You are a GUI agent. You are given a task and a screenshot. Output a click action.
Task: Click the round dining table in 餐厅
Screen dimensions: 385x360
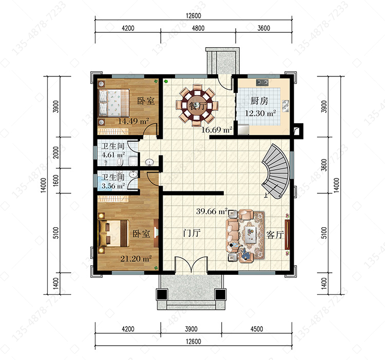197,106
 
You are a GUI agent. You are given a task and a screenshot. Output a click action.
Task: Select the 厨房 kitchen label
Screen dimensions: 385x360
259,101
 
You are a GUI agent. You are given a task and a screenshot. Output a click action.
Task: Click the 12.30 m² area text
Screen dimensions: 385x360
260,113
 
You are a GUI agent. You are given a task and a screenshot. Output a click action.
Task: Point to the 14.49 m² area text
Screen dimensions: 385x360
133,121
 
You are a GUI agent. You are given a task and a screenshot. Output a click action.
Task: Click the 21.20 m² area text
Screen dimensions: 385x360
136,258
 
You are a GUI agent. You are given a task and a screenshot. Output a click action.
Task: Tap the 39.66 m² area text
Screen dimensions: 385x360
211,211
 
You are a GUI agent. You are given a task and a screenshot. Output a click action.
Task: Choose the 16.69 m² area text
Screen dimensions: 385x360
217,130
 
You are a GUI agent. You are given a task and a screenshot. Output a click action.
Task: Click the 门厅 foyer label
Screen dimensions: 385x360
192,233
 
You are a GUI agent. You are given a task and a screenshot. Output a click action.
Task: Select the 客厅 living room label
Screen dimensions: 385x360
275,235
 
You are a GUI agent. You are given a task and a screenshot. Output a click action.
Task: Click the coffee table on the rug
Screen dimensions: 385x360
250,234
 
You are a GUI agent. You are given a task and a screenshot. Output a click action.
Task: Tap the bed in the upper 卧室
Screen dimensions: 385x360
113,103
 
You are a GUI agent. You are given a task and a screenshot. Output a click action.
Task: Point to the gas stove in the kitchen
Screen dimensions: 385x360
262,83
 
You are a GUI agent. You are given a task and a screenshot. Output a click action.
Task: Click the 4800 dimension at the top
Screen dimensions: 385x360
198,28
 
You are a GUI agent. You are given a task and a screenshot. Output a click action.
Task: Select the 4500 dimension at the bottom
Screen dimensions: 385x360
257,329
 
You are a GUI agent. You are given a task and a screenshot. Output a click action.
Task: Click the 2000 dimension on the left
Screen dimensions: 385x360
56,152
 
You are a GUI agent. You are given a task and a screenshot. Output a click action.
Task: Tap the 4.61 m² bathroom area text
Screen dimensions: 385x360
113,155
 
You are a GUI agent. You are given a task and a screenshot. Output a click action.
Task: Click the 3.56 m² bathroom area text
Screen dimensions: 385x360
113,186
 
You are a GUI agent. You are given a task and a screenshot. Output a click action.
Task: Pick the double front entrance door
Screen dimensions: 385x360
191,264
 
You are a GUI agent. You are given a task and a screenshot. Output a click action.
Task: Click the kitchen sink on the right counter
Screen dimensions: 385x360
285,106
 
